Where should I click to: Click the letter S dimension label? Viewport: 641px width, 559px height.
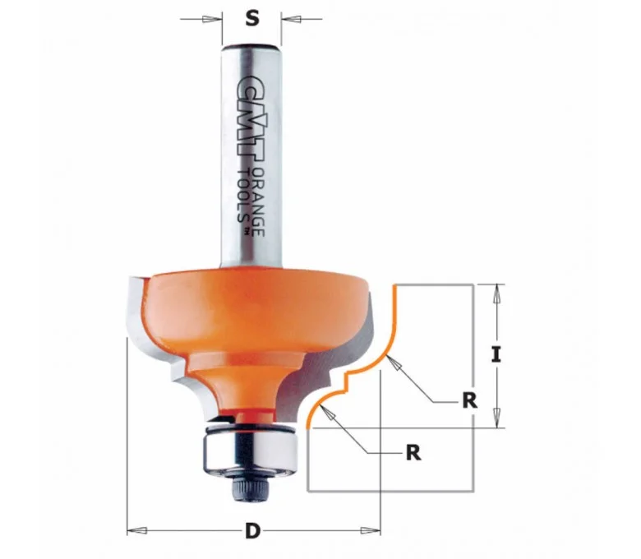click(252, 18)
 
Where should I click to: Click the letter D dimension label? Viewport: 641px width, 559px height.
click(252, 532)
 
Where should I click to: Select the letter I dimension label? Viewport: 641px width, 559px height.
click(496, 354)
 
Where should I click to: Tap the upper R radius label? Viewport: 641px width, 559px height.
click(470, 400)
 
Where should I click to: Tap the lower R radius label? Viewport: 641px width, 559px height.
click(413, 453)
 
